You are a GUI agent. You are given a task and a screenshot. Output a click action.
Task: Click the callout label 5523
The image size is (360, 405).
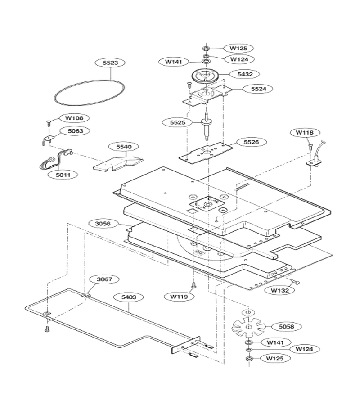click(110, 63)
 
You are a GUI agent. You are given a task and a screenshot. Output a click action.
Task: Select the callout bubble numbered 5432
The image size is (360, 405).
click(245, 74)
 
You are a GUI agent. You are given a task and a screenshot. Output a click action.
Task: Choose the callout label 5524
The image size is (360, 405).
click(258, 89)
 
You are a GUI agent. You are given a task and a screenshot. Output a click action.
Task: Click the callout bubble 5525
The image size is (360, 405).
click(178, 122)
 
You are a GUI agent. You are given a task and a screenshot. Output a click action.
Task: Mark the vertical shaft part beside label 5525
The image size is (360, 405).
click(207, 126)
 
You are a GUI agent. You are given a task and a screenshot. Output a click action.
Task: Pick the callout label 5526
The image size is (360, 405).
click(251, 142)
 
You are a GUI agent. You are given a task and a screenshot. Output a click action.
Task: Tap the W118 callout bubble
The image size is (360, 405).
click(305, 133)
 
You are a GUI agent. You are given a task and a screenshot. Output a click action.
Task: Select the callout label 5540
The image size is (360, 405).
click(124, 147)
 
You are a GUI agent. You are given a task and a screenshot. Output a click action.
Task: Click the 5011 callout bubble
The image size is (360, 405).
click(63, 175)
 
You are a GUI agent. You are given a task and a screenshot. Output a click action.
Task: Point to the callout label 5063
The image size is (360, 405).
click(75, 131)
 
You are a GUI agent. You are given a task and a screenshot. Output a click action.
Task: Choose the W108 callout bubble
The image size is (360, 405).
click(74, 118)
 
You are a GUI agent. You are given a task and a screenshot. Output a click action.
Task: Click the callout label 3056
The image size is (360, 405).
click(103, 224)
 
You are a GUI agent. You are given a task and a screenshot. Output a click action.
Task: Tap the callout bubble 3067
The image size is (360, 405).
click(104, 279)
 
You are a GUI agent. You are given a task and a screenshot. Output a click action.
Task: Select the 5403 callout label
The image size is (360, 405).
click(129, 297)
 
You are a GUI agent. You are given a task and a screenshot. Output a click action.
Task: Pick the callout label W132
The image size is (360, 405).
click(280, 290)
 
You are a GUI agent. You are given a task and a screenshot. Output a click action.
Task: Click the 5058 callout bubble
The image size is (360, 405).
click(286, 327)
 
